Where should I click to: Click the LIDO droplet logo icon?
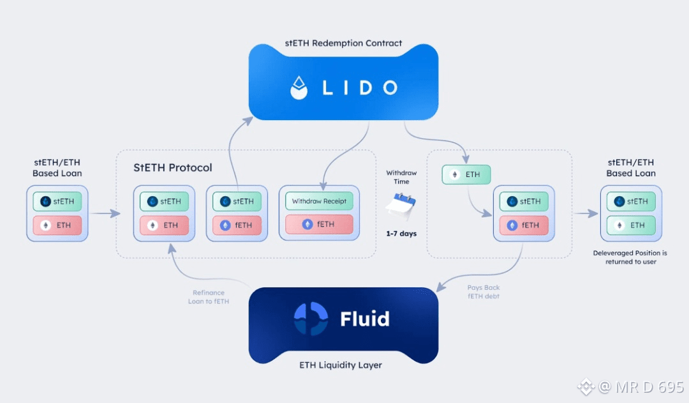point(299,87)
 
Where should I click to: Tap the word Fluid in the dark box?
point(364,318)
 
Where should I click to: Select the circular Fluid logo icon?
point(311,318)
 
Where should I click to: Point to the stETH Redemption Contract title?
point(343,43)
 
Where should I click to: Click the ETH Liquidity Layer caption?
point(343,365)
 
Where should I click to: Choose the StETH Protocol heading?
point(172,168)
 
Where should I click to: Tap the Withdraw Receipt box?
point(319,201)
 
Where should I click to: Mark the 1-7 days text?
point(401,234)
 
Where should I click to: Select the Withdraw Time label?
point(401,177)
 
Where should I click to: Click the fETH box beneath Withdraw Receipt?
point(319,225)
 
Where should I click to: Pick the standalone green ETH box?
point(466,174)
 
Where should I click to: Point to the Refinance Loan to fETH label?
point(208,297)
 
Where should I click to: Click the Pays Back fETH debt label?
point(484,292)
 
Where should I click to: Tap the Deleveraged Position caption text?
point(631,257)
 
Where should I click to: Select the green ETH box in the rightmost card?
point(631,225)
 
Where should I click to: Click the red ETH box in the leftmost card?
point(57,225)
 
